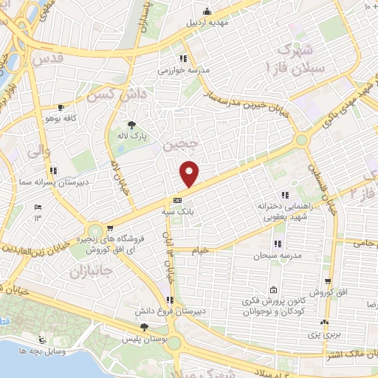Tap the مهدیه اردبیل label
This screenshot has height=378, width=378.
(x=207, y=22)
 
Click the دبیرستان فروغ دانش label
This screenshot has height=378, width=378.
(x=168, y=311)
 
